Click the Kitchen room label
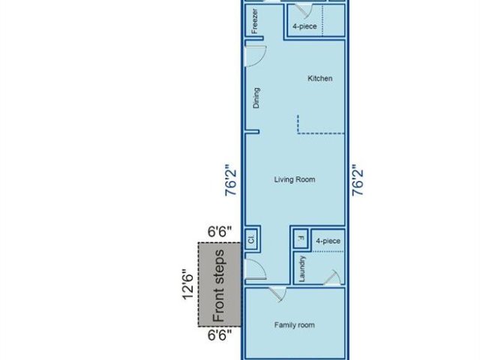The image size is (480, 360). pyautogui.click(x=320, y=78)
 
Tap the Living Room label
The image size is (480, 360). pyautogui.click(x=295, y=179)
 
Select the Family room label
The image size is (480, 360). pyautogui.click(x=294, y=325)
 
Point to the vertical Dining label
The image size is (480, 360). pyautogui.click(x=256, y=98)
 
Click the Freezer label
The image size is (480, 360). pyautogui.click(x=254, y=21)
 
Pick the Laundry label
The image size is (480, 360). pyautogui.click(x=301, y=268)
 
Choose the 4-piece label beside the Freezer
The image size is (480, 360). pyautogui.click(x=304, y=26)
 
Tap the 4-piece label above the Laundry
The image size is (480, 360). pyautogui.click(x=328, y=241)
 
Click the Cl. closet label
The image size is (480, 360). pyautogui.click(x=251, y=238)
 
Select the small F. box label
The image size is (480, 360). pyautogui.click(x=301, y=238)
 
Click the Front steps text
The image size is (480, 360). pyautogui.click(x=219, y=286)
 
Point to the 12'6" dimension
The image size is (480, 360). pyautogui.click(x=188, y=285)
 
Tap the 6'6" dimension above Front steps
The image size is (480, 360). pyautogui.click(x=220, y=232)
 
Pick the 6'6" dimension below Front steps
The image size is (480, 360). pyautogui.click(x=220, y=335)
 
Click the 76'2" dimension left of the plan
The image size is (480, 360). pyautogui.click(x=231, y=180)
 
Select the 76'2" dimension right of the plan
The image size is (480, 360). pyautogui.click(x=358, y=180)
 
